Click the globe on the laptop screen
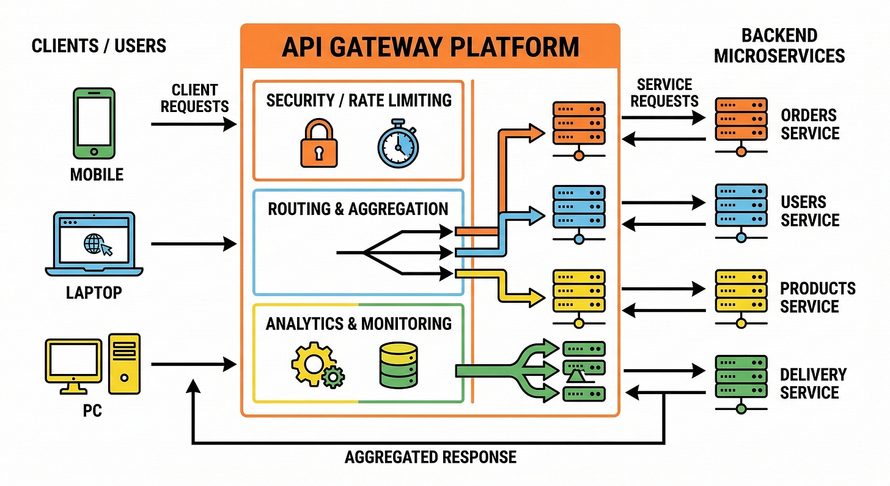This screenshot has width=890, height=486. tap(93, 244)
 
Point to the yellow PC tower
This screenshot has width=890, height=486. tap(124, 364)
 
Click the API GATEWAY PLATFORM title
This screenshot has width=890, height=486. tap(430, 48)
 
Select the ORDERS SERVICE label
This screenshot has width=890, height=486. tap(809, 124)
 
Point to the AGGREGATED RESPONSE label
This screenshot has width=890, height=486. tap(430, 457)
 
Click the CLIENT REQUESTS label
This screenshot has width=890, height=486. tap(194, 98)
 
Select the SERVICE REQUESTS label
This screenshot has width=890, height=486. tap(664, 92)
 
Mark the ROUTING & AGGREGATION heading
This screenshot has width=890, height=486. tap(358, 209)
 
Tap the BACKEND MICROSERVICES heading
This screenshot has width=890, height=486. tap(779, 46)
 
